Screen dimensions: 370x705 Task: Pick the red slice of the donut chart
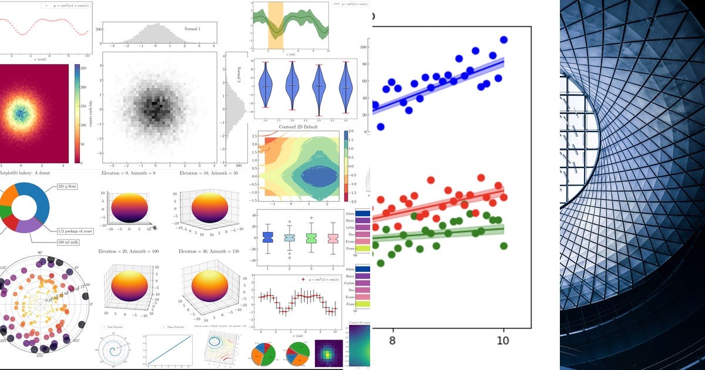point(11,222)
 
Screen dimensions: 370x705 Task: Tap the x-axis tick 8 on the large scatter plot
point(392,341)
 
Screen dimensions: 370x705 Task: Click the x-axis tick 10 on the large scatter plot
point(502,341)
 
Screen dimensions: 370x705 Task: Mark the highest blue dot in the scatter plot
point(503,40)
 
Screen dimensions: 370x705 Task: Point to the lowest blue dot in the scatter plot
point(381,126)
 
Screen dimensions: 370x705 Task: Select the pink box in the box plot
point(333,238)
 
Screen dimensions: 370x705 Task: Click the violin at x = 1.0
point(266,86)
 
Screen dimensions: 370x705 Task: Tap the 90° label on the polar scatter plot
point(41,253)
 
